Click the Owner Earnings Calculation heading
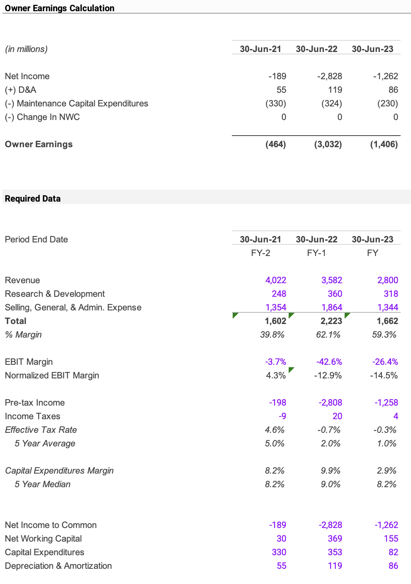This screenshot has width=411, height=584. point(60,8)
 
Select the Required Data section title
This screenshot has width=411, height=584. point(33,198)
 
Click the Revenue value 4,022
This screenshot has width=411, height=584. point(275,280)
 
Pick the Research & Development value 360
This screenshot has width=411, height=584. point(335,294)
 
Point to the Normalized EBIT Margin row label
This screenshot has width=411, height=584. point(52,375)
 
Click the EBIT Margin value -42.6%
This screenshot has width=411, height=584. point(329,362)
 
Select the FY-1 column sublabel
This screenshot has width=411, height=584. point(316,253)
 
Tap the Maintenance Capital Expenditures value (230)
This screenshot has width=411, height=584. point(387,103)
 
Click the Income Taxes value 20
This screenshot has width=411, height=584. point(337,416)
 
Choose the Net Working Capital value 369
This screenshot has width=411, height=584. point(335,538)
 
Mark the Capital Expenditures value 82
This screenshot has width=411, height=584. point(393,552)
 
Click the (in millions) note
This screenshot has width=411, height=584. point(26,49)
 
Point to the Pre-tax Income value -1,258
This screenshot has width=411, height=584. point(386,402)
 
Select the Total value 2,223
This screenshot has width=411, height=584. point(331,321)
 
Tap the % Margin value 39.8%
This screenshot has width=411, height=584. point(272,334)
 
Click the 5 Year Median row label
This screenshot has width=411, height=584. point(42,484)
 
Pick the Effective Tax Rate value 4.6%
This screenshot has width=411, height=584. point(274,430)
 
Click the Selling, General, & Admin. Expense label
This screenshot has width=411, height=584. point(73,307)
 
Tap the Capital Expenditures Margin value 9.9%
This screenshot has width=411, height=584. point(330,470)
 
